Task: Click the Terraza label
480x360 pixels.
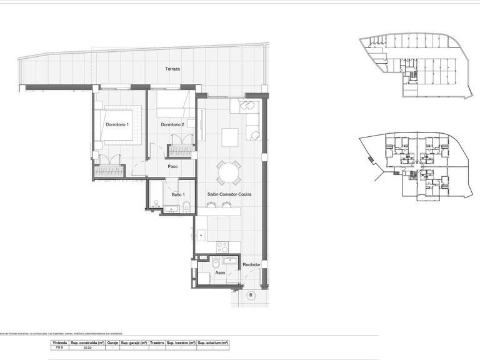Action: click(x=172, y=69)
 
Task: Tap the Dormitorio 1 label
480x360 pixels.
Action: click(x=117, y=125)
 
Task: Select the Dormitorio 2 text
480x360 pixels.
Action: click(x=172, y=125)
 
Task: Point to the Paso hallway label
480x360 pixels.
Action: click(x=173, y=166)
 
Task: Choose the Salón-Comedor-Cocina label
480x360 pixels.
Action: click(x=229, y=195)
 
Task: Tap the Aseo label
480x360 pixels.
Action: click(x=219, y=273)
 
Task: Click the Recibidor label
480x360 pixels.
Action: click(x=252, y=264)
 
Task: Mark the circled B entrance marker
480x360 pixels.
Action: click(x=251, y=295)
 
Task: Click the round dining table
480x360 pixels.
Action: click(x=229, y=172)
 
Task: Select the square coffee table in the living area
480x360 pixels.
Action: click(x=230, y=136)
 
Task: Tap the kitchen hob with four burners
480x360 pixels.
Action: click(x=222, y=246)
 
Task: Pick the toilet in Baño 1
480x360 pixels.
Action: click(x=187, y=207)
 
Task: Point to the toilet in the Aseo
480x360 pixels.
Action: click(x=215, y=262)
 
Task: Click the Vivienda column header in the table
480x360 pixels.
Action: click(x=59, y=343)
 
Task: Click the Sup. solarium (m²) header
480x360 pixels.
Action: click(x=213, y=343)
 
